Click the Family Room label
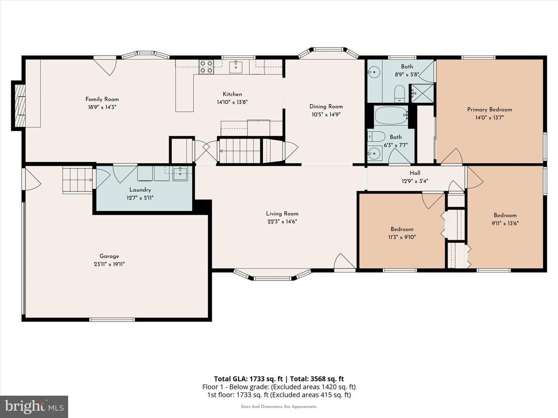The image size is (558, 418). pos(102,99)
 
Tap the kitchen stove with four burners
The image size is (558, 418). pos(206,67)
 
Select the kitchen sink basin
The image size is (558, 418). pos(236,67)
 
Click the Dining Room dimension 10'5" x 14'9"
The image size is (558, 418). pos(326,115)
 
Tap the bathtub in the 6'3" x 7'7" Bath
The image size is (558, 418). pos(391,115)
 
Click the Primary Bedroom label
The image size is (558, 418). pos(490,110)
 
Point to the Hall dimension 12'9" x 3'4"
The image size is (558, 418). pos(415,181)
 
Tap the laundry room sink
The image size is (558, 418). pos(180,174)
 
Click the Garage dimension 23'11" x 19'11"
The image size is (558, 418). pos(109,264)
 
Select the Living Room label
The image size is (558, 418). pos(282,214)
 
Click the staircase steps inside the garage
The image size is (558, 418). pos(77,180)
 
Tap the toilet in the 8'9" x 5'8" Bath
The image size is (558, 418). pos(400,93)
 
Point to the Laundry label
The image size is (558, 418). pos(140,190)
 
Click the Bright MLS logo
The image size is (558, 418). pos(34,406)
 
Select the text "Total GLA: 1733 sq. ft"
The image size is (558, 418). pos(248,379)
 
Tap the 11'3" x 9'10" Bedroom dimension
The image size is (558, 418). pos(402,237)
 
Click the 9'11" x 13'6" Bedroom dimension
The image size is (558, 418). pos(505,223)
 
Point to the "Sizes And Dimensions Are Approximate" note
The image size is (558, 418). pos(279,406)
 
